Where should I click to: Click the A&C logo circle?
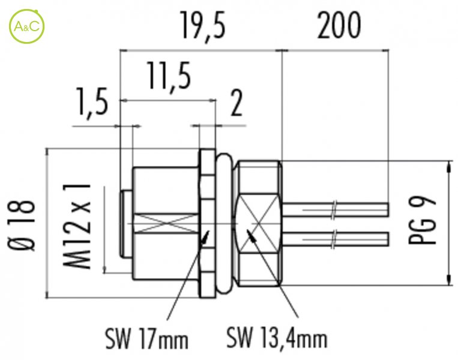tap(26, 26)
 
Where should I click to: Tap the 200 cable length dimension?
tap(339, 25)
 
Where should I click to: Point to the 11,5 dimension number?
tap(169, 76)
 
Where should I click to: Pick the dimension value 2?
tap(237, 103)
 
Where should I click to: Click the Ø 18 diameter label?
tap(22, 226)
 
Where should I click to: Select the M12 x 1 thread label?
tap(77, 226)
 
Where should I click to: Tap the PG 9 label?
tap(422, 220)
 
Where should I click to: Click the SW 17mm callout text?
tap(147, 338)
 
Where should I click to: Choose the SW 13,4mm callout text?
tap(277, 338)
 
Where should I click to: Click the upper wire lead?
tap(336, 209)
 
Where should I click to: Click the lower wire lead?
tap(336, 239)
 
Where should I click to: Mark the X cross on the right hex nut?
tap(258, 224)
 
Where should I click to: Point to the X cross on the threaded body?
tap(166, 224)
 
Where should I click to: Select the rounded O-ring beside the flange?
tap(224, 223)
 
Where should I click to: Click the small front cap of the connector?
tap(126, 224)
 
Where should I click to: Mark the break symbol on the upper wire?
tap(334, 209)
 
